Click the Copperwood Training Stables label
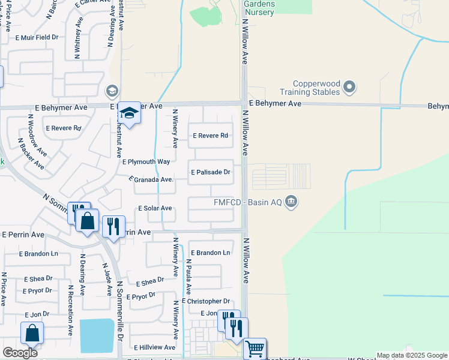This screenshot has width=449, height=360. tap(310, 88)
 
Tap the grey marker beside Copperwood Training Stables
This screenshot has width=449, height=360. tap(349, 88)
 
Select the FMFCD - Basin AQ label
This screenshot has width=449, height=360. tap(248, 202)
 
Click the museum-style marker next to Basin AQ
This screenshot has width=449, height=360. tap(291, 201)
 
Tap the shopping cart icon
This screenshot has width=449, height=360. tap(255, 348)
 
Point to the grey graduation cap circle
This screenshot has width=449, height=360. tap(111, 91)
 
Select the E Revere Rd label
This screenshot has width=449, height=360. tap(210, 136)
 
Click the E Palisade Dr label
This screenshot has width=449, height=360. tap(211, 172)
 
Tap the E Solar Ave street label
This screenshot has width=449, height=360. tap(155, 208)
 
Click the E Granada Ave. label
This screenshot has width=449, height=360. tap(152, 179)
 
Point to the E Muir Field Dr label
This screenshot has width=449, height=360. tap(37, 37)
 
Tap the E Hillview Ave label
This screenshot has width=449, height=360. tap(155, 347)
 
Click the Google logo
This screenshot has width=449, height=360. tap(20, 353)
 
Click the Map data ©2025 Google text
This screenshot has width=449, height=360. tap(412, 355)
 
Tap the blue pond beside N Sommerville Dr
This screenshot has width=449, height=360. tap(97, 336)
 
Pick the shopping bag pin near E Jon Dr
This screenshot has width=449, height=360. tap(32, 333)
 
